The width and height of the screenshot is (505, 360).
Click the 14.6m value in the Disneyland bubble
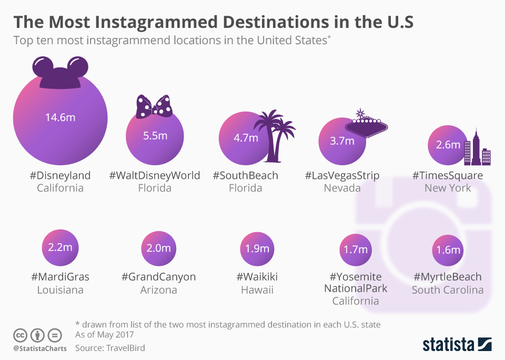pyautogui.click(x=60, y=117)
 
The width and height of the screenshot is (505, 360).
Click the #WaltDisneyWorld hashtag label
pyautogui.click(x=155, y=175)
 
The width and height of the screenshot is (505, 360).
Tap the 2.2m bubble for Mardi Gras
pyautogui.click(x=60, y=247)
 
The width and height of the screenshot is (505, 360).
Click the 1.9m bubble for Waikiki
pyautogui.click(x=257, y=248)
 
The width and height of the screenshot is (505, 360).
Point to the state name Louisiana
pyautogui.click(x=60, y=290)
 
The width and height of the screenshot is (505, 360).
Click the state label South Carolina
pyautogui.click(x=448, y=290)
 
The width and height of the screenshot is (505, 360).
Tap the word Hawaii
pyautogui.click(x=257, y=290)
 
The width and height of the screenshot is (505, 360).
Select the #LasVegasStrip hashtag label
pyautogui.click(x=342, y=175)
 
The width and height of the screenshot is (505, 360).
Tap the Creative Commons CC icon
pyautogui.click(x=20, y=335)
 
